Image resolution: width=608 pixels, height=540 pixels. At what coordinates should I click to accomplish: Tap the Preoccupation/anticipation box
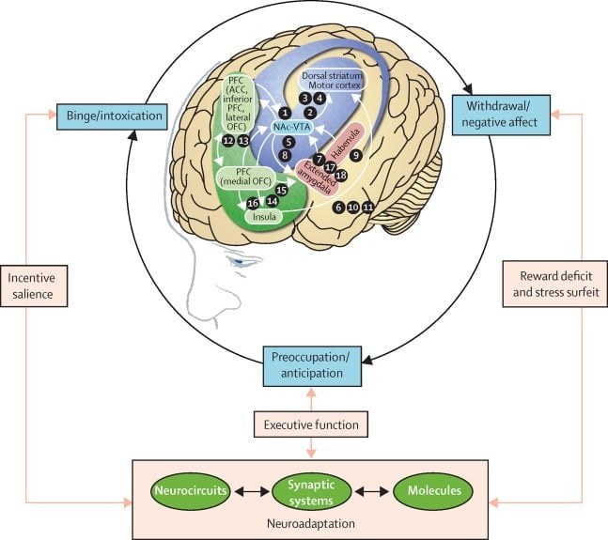tap(310, 364)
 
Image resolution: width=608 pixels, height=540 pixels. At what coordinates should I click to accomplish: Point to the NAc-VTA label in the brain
tap(294, 125)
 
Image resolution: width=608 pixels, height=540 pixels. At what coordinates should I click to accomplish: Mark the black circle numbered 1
tap(284, 113)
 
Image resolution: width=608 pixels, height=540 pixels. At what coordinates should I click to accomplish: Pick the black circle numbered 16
tap(252, 203)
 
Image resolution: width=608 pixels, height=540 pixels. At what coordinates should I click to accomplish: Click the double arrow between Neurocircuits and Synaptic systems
tap(246, 489)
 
